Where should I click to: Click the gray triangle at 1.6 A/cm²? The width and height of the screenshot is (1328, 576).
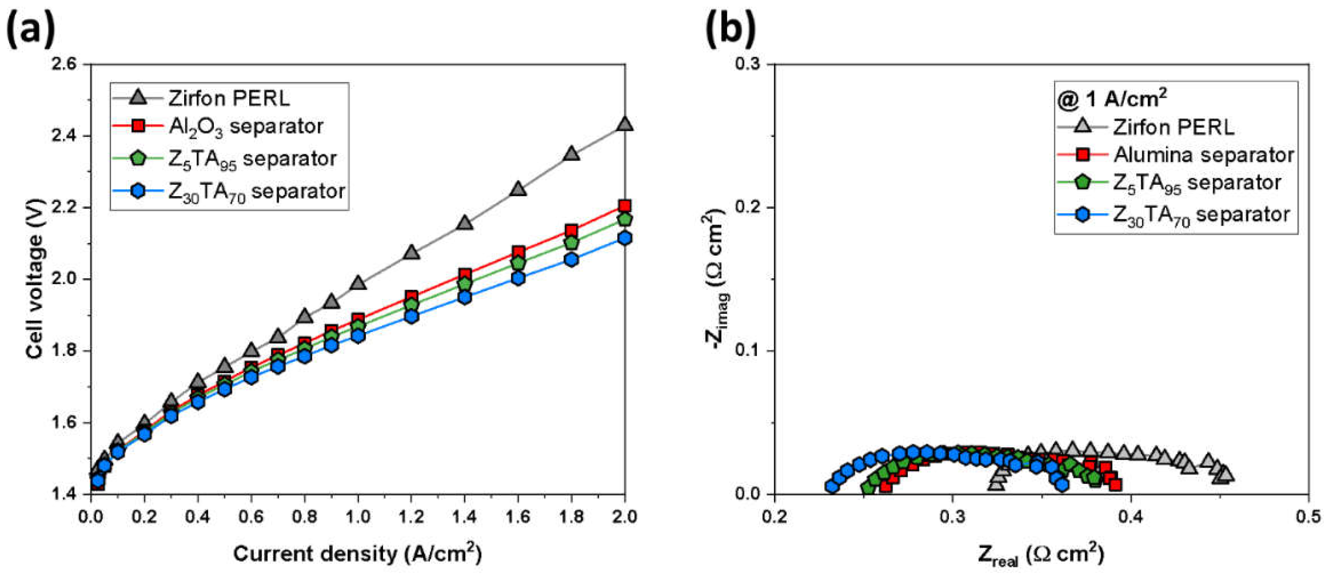[518, 189]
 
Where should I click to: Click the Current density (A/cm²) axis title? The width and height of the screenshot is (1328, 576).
[357, 554]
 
